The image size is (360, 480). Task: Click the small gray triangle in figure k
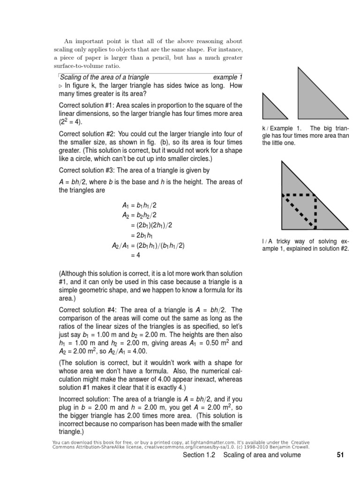271,110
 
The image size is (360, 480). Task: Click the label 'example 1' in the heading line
228,77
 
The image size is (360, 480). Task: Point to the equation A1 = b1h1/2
139,205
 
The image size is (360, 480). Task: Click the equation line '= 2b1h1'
146,235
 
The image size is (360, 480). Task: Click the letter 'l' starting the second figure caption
263,241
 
